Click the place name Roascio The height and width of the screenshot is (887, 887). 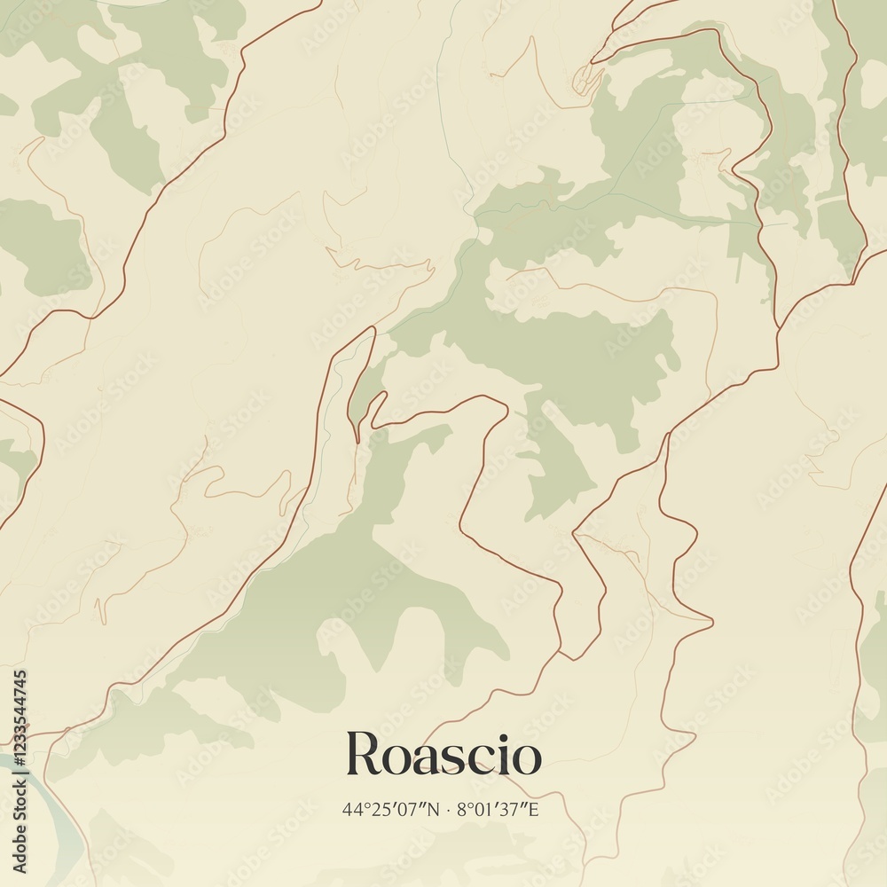[443, 755]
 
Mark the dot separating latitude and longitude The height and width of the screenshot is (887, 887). [449, 809]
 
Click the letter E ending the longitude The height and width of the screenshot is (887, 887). [533, 809]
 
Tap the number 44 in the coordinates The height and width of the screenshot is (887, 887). [351, 809]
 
